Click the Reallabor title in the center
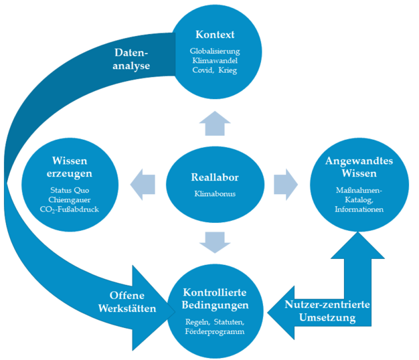[x=214, y=177]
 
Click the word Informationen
[x=359, y=209]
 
